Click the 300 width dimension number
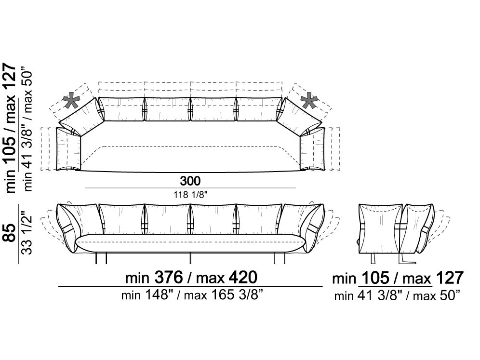click(x=190, y=181)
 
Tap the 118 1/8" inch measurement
click(x=190, y=194)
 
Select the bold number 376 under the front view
click(x=169, y=278)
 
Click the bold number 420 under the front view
click(x=243, y=278)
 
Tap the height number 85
click(x=10, y=233)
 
